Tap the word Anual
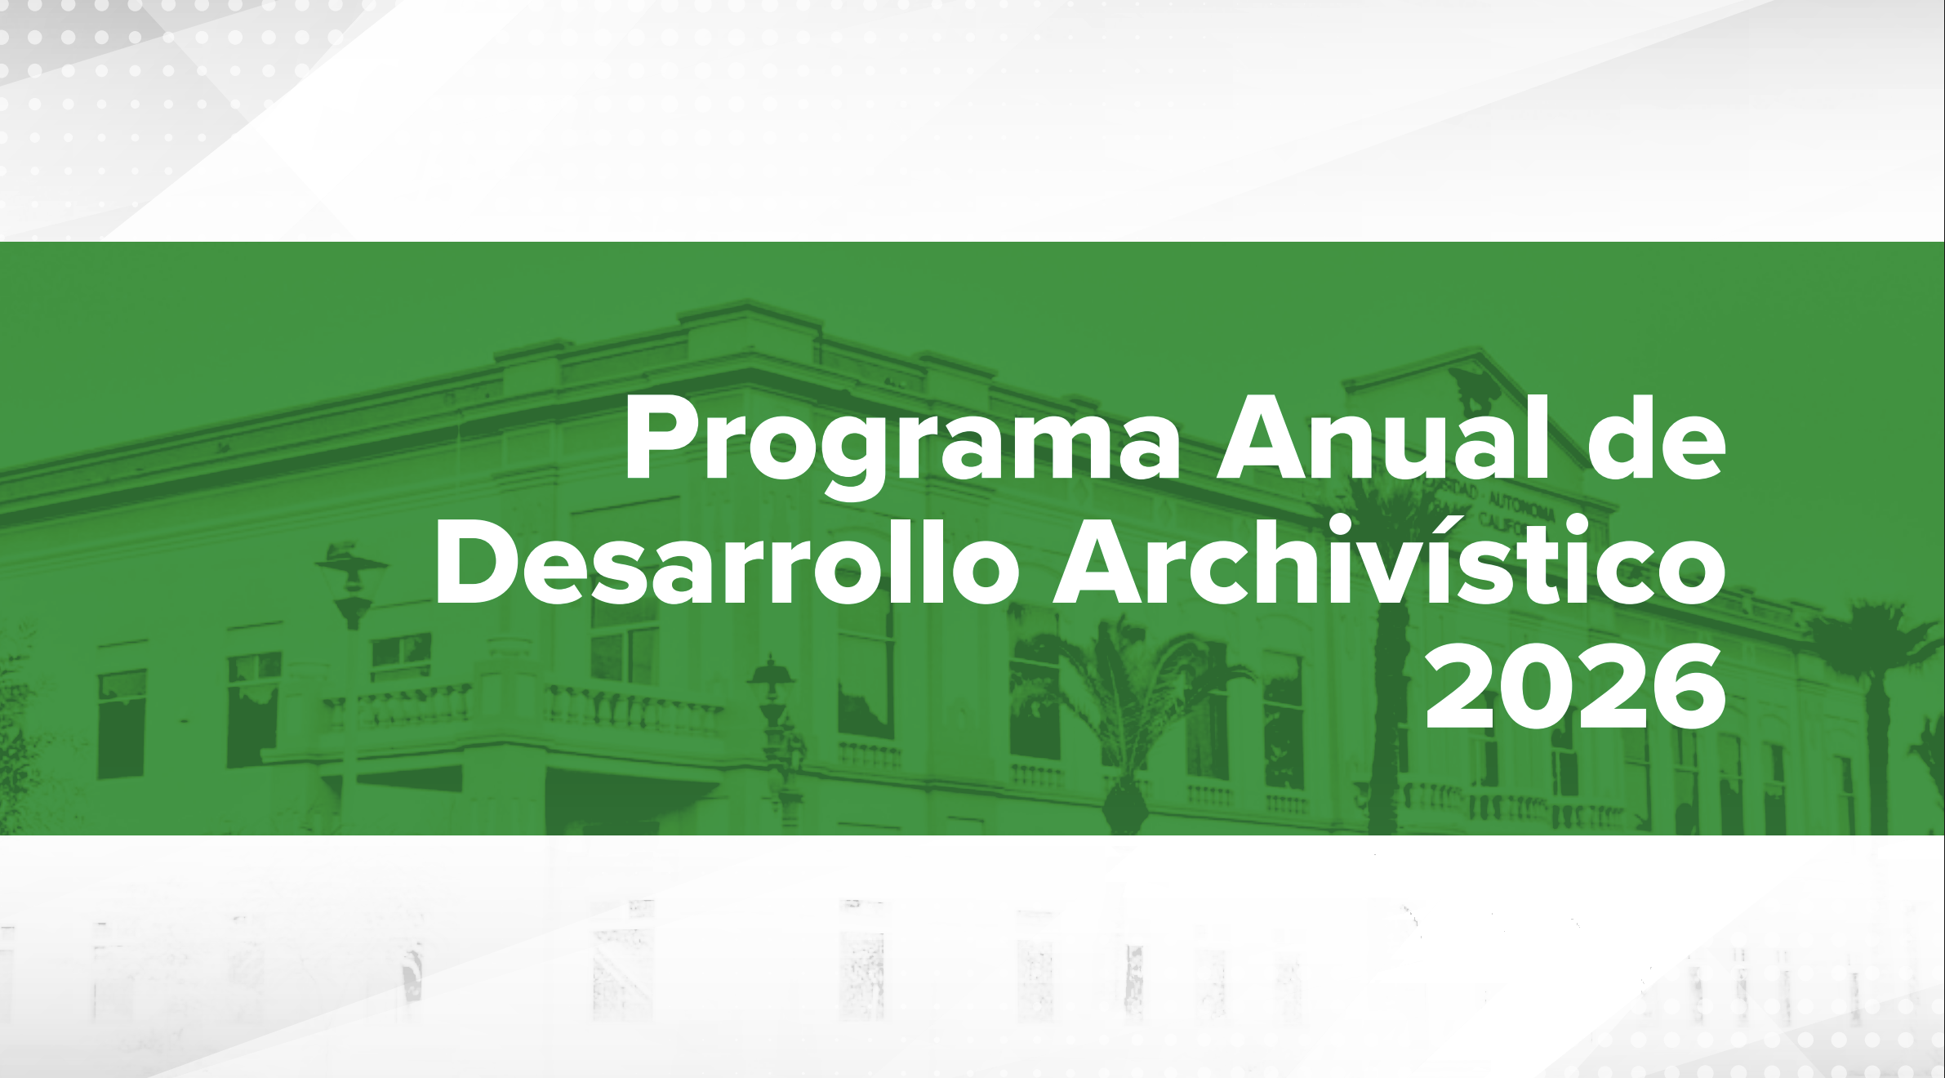tap(1382, 439)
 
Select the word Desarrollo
tap(726, 563)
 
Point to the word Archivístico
tap(1389, 563)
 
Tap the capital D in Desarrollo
tap(478, 563)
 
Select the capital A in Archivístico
tap(1097, 563)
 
